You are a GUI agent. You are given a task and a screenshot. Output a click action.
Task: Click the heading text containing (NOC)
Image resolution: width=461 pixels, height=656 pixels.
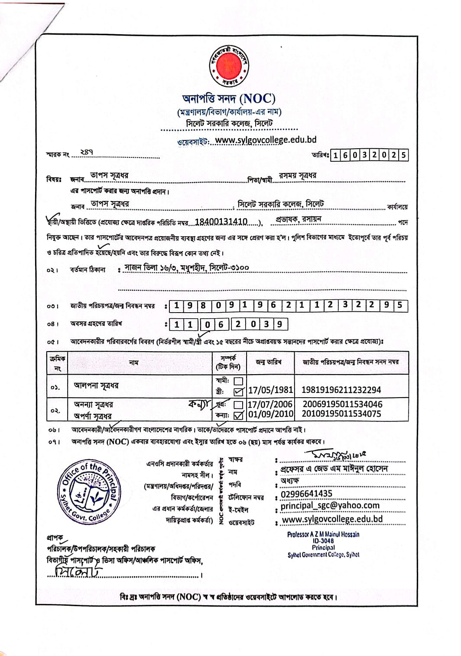[229, 99]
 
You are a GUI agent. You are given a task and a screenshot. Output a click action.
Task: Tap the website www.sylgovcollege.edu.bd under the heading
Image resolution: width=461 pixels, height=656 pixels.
[266, 140]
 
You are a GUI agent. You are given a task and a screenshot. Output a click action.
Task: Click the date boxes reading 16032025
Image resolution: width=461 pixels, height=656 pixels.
[370, 155]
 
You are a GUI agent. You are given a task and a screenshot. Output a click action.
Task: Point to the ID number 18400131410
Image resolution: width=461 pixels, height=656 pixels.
[221, 222]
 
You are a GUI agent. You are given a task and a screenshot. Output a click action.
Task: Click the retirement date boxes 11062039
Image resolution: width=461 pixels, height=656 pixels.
[228, 324]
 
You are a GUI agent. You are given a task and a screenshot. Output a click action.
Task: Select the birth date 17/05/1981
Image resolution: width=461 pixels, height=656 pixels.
[270, 390]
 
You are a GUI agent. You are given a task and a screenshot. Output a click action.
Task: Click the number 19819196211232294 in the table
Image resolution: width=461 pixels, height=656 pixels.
[341, 390]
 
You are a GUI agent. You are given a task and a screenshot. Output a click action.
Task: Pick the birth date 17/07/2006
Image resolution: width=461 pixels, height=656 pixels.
[270, 405]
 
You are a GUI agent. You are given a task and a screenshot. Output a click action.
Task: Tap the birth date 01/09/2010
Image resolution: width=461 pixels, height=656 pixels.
[270, 414]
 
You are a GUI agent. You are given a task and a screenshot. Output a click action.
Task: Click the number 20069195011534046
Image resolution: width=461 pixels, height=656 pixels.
[342, 405]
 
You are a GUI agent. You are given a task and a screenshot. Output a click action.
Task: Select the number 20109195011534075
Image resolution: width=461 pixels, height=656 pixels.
[341, 414]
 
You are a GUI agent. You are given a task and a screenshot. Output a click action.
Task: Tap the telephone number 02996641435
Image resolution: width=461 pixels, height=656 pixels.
[306, 494]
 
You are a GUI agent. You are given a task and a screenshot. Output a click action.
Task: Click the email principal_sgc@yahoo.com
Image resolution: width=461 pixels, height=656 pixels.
[330, 506]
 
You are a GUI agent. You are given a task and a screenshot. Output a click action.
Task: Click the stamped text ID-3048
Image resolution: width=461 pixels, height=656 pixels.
[323, 541]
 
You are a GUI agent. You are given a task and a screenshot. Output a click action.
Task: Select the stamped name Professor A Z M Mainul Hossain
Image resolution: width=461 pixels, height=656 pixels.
[323, 535]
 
